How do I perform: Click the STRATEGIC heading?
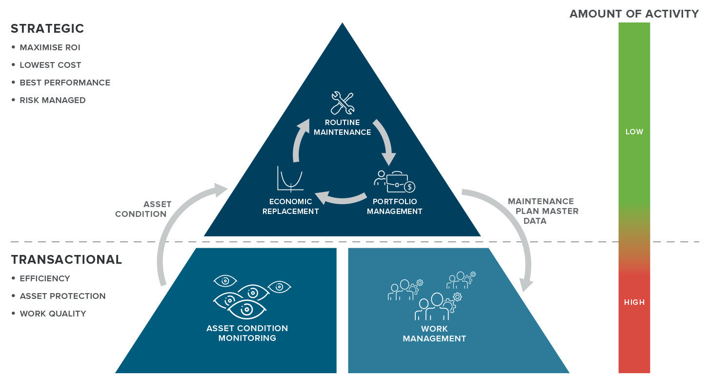click(47, 29)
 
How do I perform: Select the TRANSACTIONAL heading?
click(66, 259)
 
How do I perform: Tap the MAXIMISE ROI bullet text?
click(50, 47)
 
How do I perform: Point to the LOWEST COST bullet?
click(50, 65)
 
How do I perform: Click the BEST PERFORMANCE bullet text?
click(65, 83)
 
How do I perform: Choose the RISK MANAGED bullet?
click(53, 100)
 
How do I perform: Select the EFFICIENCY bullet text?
click(45, 278)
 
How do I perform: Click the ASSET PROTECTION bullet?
click(62, 296)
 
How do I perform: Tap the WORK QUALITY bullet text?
click(53, 314)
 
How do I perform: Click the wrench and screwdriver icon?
click(342, 103)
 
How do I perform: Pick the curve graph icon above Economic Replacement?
click(291, 178)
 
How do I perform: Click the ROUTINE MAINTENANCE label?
click(342, 127)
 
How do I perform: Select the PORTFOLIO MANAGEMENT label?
click(394, 207)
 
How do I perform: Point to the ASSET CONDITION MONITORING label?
click(247, 333)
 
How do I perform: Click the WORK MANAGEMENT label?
click(434, 334)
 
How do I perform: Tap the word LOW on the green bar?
click(634, 132)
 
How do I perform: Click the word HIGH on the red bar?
click(634, 302)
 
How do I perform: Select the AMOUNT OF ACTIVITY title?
click(634, 14)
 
